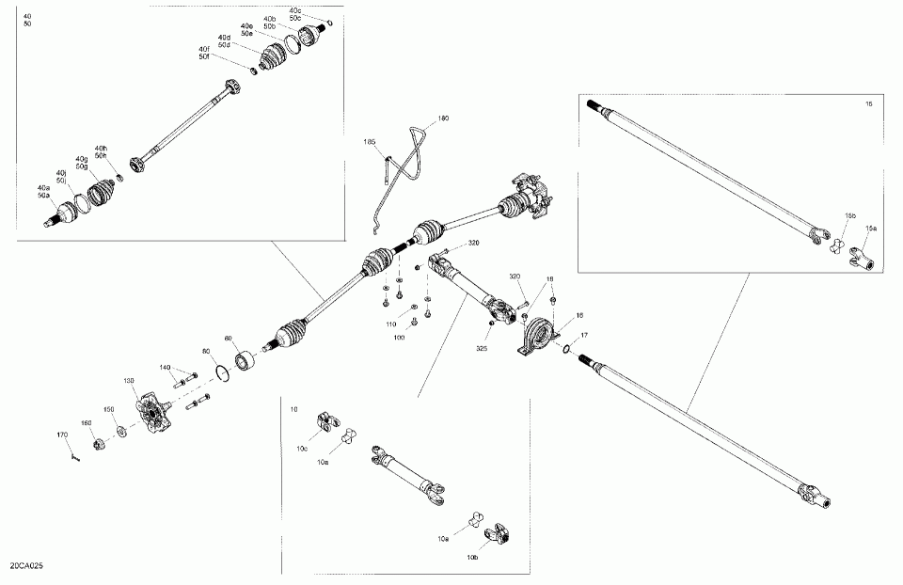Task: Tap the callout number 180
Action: coord(444,119)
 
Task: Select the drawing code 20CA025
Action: coord(27,567)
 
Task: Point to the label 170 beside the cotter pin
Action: coord(62,435)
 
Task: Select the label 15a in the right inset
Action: coord(871,228)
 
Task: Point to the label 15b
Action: coord(849,216)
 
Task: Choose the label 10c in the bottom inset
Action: coord(302,449)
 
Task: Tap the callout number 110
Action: coord(390,324)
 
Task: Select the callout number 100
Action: coord(400,337)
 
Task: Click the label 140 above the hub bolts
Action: coord(165,367)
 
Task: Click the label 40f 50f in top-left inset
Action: coord(204,53)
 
